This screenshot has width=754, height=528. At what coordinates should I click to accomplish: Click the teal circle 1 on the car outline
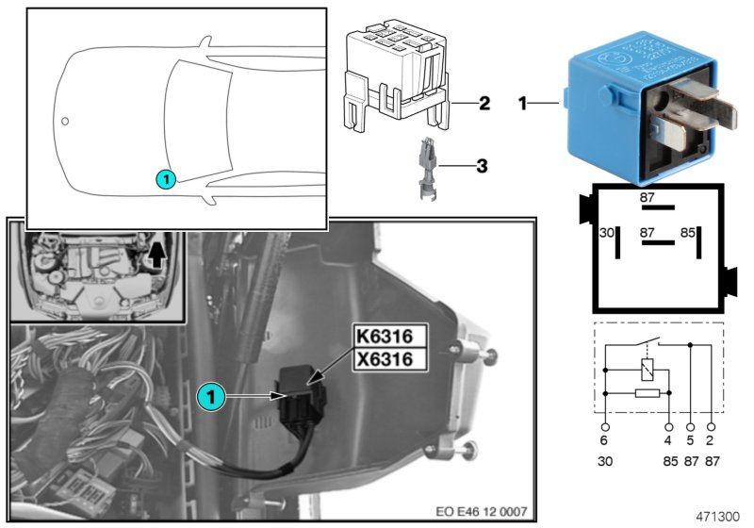pos(164,177)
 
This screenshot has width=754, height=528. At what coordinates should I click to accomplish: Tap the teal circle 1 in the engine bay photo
pos(213,397)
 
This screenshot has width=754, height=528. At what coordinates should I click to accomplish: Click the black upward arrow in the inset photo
pos(156,253)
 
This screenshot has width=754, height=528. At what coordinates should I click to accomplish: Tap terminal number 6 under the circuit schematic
pos(604,440)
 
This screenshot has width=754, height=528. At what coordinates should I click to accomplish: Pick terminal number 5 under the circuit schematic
pos(691,440)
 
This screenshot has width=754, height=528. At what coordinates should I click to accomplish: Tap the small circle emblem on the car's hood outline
pos(65,121)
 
